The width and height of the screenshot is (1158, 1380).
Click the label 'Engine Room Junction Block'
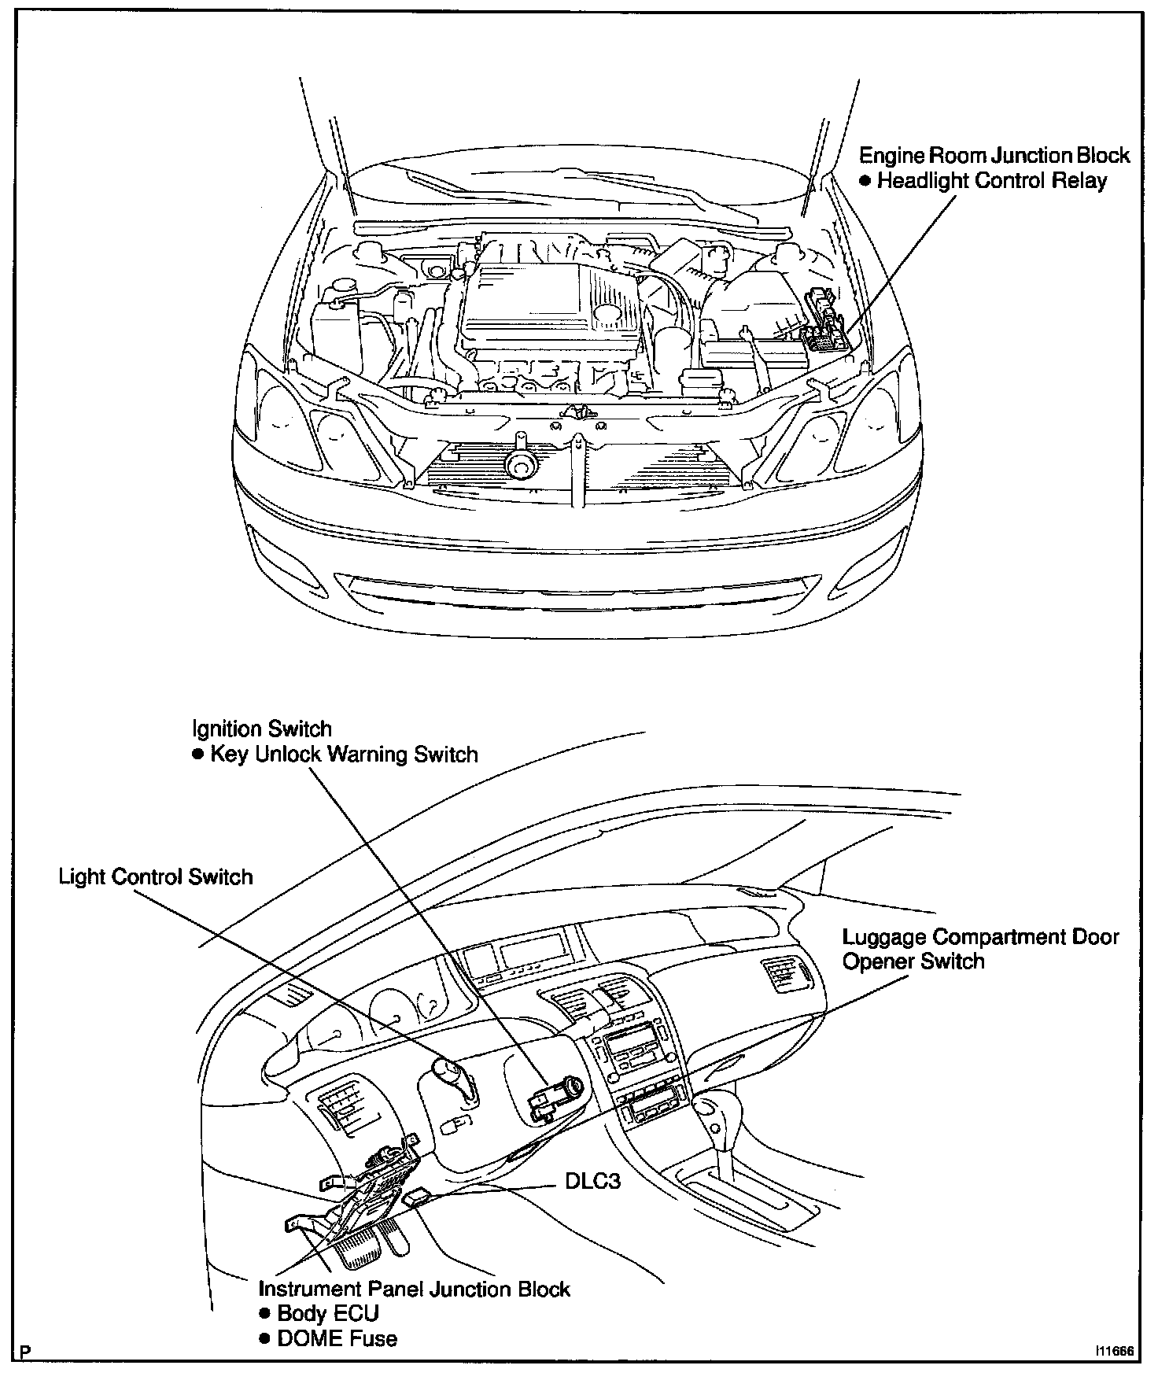coord(994,155)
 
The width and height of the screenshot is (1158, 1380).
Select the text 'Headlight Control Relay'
coord(991,181)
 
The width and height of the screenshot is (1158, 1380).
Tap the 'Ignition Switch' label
coord(262,729)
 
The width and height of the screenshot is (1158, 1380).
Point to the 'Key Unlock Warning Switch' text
coord(344,755)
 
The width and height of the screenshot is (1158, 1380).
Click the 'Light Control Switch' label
coord(156,876)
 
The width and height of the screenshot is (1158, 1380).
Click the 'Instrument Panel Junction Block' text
coord(415,1289)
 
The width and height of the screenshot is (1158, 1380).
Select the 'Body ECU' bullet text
coord(328,1313)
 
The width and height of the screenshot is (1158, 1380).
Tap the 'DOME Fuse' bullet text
coord(337,1338)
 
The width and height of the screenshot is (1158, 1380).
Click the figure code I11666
coord(1111,1352)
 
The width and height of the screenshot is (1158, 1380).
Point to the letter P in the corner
coord(27,1352)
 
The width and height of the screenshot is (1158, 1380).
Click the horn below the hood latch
coord(520,463)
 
